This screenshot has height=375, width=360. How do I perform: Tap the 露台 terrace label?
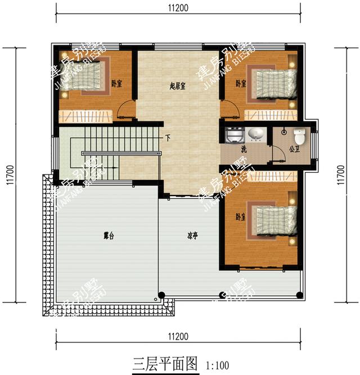point(109,237)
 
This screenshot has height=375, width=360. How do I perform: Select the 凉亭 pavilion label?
point(193,236)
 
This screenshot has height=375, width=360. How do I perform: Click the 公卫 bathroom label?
point(294,150)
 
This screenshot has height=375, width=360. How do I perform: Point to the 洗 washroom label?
point(244,150)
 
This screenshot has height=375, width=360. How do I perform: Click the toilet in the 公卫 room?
point(299,135)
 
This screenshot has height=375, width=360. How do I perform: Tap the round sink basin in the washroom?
point(256,135)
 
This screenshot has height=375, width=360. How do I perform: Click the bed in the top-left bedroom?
point(89,78)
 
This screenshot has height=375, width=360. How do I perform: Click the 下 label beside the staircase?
point(168,138)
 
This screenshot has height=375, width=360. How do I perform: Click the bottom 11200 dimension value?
point(178,337)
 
